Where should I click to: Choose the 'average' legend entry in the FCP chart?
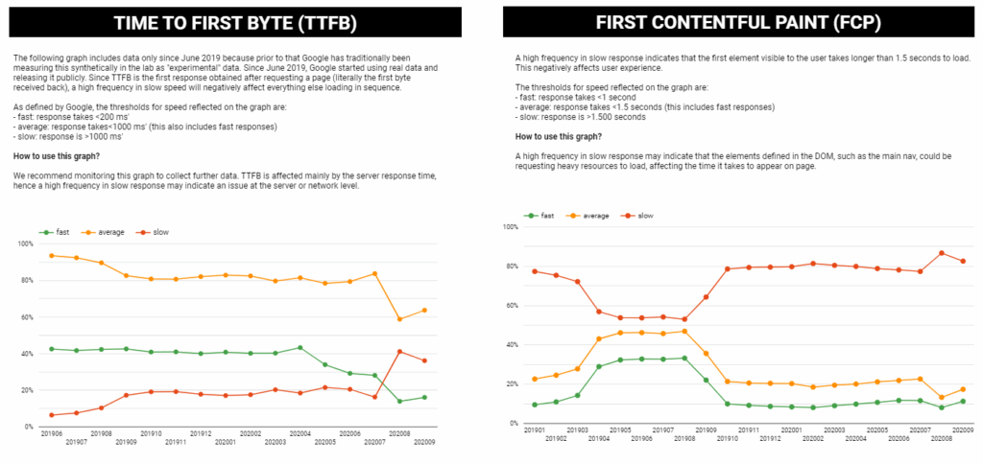click(x=598, y=216)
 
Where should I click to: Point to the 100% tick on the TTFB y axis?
click(x=24, y=244)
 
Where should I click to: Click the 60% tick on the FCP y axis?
click(x=511, y=306)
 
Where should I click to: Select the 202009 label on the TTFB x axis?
click(x=424, y=441)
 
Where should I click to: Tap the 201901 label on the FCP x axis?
click(x=534, y=430)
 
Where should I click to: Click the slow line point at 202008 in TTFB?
click(x=399, y=352)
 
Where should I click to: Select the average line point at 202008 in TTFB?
click(x=399, y=319)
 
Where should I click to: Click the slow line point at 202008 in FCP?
click(x=942, y=253)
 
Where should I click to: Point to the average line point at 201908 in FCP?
click(x=684, y=332)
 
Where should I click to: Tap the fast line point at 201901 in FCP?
click(x=535, y=405)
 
